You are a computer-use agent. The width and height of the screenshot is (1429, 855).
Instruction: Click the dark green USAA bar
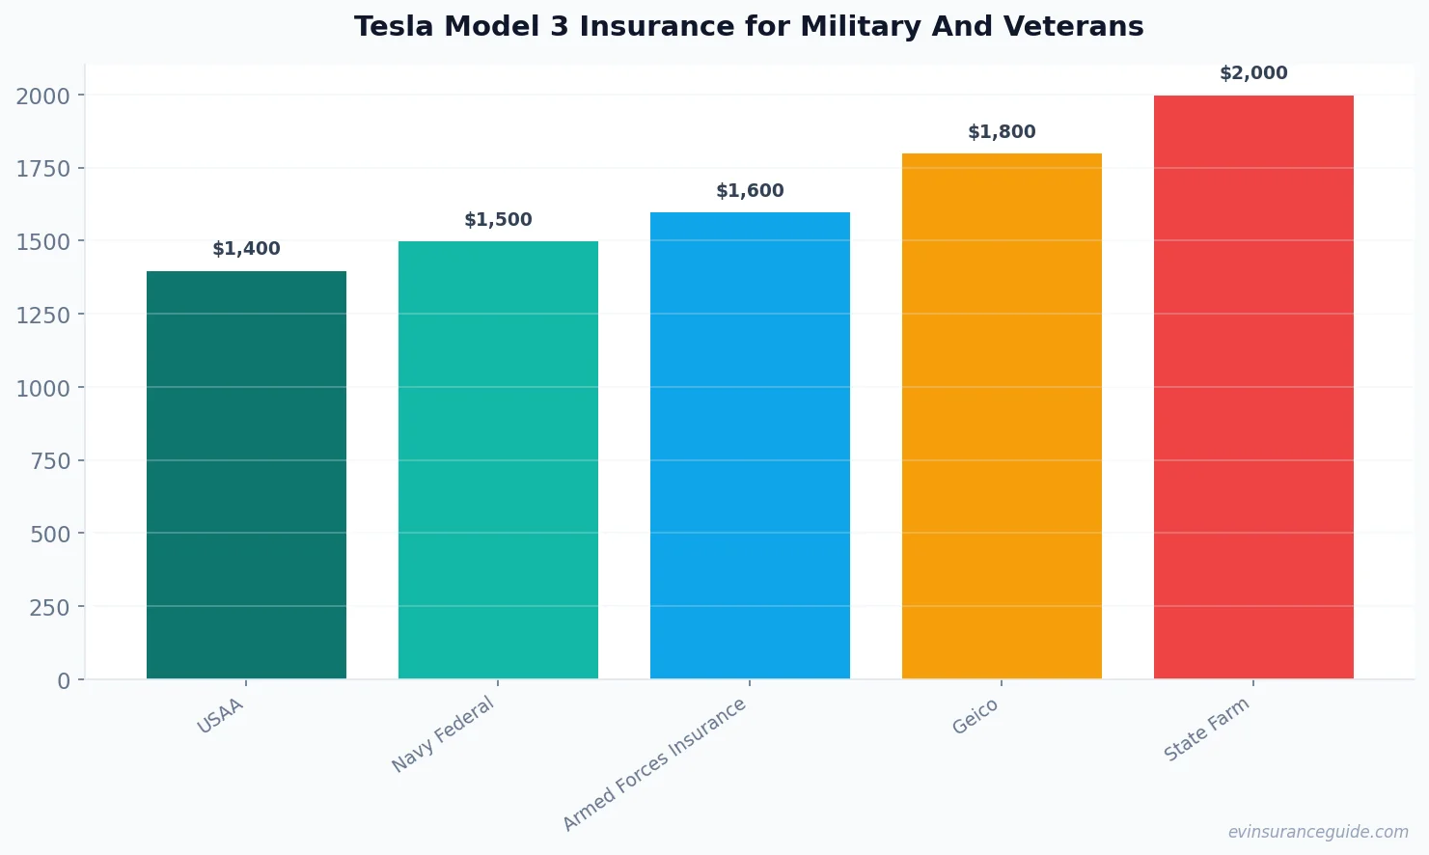click(x=246, y=475)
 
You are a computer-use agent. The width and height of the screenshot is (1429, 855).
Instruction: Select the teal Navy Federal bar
click(x=498, y=460)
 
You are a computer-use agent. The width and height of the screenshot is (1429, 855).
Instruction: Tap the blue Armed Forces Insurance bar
click(x=750, y=446)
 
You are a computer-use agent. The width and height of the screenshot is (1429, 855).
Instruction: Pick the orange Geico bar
click(x=1002, y=416)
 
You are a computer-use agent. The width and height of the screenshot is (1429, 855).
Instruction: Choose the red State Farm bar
click(x=1253, y=387)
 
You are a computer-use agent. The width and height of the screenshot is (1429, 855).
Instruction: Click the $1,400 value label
click(x=246, y=249)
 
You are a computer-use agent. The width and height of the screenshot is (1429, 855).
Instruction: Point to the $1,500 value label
click(x=498, y=220)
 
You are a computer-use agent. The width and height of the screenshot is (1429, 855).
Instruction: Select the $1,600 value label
click(x=750, y=191)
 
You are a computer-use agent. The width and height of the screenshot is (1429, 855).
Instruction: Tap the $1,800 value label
click(x=1002, y=132)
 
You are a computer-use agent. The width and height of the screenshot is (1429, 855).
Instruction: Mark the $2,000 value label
click(x=1253, y=73)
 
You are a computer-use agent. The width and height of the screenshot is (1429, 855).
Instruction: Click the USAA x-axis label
click(x=220, y=716)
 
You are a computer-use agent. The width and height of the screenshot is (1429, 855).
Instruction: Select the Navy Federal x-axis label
click(x=443, y=734)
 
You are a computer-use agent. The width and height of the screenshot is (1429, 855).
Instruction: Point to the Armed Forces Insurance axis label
click(x=654, y=764)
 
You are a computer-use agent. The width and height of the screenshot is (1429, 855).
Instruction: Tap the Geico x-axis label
click(x=975, y=716)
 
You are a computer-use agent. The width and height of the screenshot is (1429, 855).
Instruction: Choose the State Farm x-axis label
click(x=1206, y=730)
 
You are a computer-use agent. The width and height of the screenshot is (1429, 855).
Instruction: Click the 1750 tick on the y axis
click(x=43, y=169)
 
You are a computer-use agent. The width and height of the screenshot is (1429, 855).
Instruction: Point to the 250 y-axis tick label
click(x=50, y=608)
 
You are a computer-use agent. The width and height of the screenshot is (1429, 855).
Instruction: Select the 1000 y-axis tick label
click(x=43, y=388)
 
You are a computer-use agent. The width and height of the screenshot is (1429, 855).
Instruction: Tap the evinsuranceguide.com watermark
click(x=1317, y=832)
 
